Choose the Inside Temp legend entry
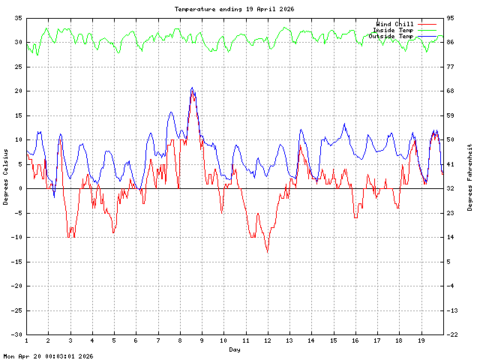tap(392, 30)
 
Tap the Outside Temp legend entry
tap(391, 36)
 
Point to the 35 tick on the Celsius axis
tap(18, 17)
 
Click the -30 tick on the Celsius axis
tap(16, 334)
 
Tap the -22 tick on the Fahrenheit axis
tap(455, 334)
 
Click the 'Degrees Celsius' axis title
tap(6, 176)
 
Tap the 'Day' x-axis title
tap(235, 349)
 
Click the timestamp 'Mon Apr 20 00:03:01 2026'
tap(48, 356)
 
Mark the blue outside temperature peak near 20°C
tap(192, 88)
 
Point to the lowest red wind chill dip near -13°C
tap(267, 252)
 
